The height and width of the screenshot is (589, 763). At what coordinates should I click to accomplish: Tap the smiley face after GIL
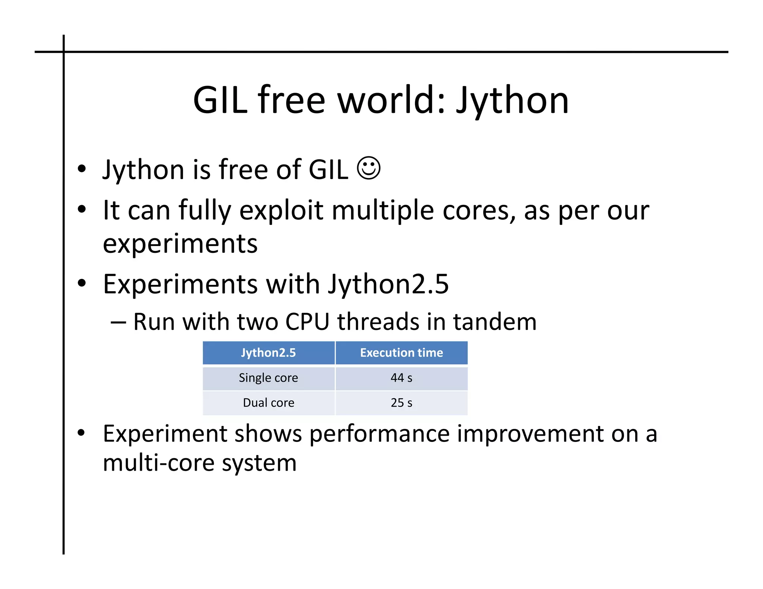368,168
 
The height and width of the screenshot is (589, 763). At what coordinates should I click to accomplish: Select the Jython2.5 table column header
268,353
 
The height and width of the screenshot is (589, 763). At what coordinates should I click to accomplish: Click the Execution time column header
401,353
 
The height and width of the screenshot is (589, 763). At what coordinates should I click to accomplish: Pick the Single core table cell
268,378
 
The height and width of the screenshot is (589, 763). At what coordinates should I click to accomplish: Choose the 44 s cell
401,378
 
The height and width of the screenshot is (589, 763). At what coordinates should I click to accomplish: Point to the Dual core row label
268,402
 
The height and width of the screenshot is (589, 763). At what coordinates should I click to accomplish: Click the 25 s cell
401,402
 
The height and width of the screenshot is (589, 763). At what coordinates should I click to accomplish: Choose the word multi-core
158,463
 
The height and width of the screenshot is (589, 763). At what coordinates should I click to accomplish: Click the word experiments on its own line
180,244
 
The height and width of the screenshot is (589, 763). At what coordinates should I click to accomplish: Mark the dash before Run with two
118,322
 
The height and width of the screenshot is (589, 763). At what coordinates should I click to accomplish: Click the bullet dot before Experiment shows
81,433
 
